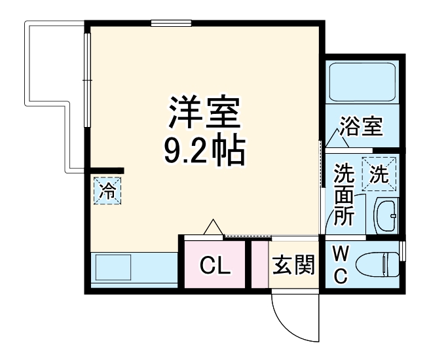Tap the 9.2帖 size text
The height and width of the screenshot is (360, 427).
204,152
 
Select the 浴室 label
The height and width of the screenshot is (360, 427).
361,126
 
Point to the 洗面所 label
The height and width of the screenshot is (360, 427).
343,195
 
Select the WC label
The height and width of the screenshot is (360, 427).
341,264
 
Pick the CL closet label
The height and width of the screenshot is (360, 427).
215,266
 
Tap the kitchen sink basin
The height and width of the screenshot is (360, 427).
113,268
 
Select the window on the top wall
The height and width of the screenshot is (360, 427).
170,24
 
